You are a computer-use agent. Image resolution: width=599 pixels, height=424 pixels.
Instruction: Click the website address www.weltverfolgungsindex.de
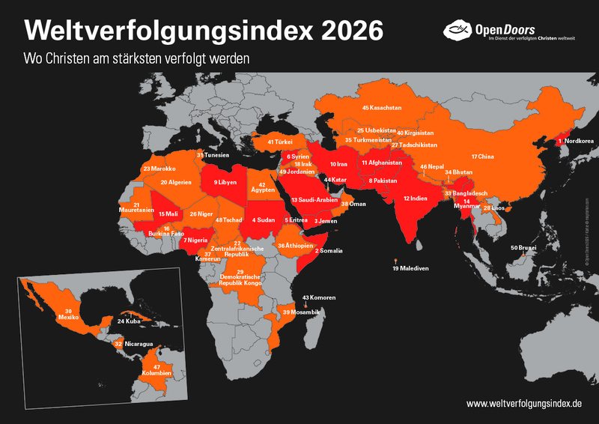point(524,403)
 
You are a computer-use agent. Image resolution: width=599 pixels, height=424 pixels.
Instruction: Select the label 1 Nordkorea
point(576,140)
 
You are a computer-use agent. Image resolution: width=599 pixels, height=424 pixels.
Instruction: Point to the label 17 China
point(483,157)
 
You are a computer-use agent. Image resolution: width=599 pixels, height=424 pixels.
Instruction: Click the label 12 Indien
point(416,199)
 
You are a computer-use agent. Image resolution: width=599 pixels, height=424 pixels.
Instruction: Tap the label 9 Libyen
point(227,182)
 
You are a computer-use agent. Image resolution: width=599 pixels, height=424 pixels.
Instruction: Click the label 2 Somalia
point(329,250)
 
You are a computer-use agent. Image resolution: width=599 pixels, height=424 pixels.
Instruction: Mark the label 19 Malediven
point(410,268)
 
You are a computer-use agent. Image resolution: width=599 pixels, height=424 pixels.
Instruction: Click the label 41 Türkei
point(280,141)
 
